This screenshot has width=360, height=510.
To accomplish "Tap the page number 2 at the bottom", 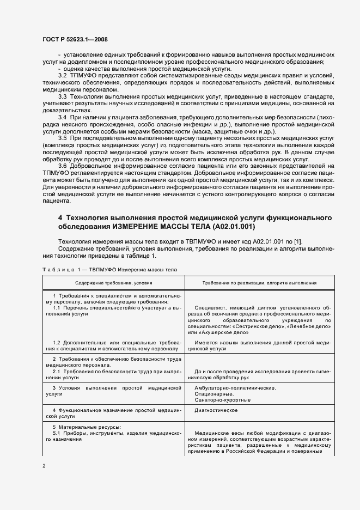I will [44, 466].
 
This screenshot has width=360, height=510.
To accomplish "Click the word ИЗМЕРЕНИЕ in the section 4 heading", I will [137, 226].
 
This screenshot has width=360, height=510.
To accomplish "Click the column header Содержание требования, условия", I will [114, 283].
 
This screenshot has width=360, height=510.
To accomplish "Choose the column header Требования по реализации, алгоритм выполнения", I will [259, 283].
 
